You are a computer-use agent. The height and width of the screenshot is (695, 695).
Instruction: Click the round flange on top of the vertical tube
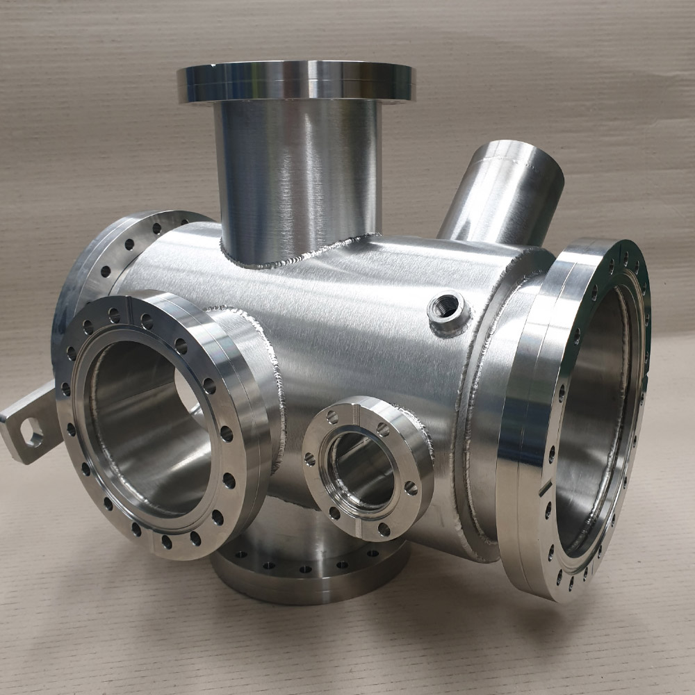(x=295, y=82)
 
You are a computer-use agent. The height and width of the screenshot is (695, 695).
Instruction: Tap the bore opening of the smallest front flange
(x=361, y=469)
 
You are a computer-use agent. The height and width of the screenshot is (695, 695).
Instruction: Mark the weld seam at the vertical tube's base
(x=299, y=257)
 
